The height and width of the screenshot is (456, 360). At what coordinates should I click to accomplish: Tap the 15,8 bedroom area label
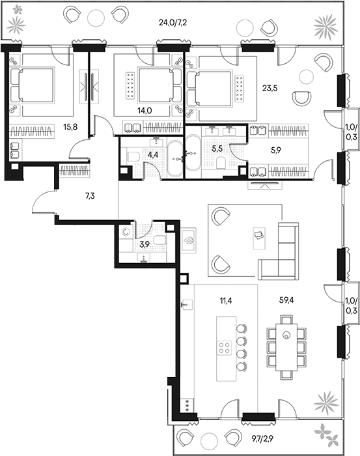coord(70,127)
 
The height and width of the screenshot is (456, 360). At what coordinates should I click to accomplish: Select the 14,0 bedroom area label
coord(145,111)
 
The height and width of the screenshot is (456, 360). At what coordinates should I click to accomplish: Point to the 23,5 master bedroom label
coord(270,88)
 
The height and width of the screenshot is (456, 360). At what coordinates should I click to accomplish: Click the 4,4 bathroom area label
coord(153,155)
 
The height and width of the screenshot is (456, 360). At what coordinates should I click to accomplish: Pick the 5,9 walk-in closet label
coord(276,150)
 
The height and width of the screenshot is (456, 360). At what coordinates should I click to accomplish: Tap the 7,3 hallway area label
coord(90,196)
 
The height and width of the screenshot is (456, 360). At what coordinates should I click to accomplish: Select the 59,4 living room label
coord(286,300)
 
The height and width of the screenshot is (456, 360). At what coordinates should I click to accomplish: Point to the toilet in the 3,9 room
coord(160,240)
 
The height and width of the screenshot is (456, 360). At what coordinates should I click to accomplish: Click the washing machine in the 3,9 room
coord(126,232)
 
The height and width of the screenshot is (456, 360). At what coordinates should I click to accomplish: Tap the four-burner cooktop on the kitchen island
coord(225,347)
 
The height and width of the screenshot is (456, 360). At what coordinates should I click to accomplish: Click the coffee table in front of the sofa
coord(259,238)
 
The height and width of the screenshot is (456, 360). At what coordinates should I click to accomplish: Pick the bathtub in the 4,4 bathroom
coord(174,159)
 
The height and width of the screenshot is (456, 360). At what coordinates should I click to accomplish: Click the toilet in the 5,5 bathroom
coord(221,163)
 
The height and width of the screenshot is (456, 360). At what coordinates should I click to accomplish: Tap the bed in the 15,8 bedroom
coord(42,86)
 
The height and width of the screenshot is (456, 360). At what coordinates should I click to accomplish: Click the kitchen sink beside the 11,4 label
coord(187,304)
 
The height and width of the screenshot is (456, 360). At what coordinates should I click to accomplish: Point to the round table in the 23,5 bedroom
coord(306,77)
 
